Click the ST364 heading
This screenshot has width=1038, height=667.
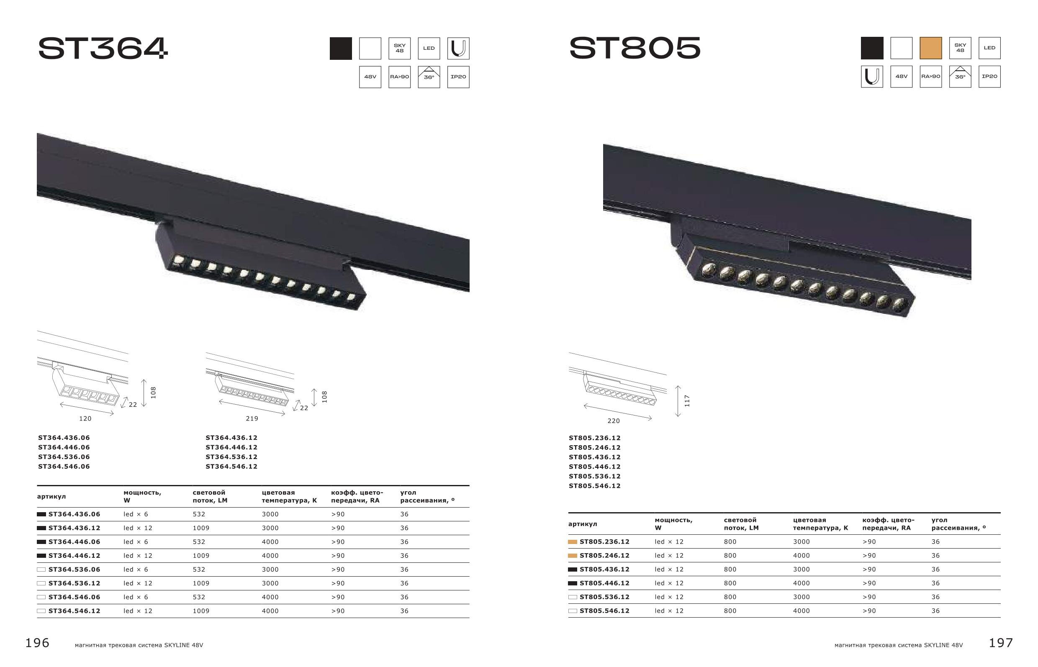[x=103, y=48]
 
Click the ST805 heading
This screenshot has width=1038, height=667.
[x=635, y=48]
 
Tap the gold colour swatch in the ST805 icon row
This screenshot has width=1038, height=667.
[x=930, y=48]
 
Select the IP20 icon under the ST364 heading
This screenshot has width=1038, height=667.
[x=458, y=77]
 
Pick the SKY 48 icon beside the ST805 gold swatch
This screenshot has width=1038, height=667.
[x=960, y=48]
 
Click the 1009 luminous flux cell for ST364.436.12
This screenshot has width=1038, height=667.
[x=201, y=528]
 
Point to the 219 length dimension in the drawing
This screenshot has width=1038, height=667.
[x=252, y=418]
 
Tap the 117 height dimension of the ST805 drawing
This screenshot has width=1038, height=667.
[x=687, y=401]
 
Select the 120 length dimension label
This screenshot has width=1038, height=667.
[x=85, y=418]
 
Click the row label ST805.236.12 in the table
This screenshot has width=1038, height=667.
[x=604, y=541]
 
